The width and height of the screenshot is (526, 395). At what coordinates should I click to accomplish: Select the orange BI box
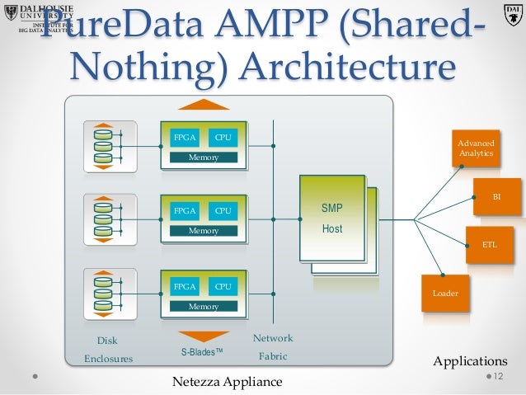[496, 198]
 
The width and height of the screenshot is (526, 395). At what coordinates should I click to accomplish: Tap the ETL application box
[489, 244]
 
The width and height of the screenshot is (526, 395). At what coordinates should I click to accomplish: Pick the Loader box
[444, 293]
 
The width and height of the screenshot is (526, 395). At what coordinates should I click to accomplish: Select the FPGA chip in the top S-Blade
[183, 137]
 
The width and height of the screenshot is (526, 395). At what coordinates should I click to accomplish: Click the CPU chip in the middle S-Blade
[223, 211]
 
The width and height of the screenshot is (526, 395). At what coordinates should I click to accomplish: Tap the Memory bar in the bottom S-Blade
[204, 306]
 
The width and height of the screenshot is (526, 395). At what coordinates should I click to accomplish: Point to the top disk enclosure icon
[103, 145]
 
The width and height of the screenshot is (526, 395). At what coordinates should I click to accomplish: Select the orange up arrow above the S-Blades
[204, 105]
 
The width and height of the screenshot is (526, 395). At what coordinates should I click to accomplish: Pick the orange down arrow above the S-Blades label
[204, 336]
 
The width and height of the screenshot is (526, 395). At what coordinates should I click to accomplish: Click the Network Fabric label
[273, 348]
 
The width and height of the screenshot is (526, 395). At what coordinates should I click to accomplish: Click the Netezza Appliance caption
[227, 382]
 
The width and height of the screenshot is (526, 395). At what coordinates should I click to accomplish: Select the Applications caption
[470, 361]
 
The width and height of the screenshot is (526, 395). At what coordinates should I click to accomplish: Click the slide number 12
[497, 376]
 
